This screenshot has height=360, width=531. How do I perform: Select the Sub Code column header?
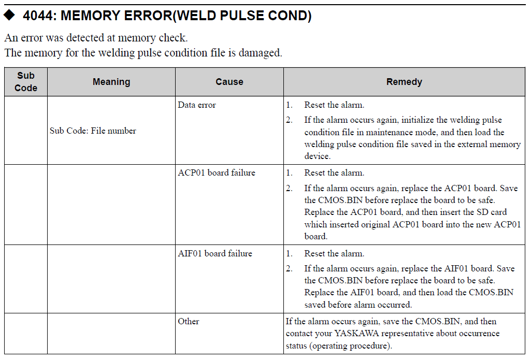point(25,82)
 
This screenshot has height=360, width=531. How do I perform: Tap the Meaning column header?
point(111,82)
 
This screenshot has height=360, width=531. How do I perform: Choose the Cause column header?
point(229,82)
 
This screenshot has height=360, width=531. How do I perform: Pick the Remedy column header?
point(404,82)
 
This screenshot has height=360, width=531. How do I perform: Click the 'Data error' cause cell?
point(197,105)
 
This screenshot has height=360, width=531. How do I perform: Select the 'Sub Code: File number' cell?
point(93,131)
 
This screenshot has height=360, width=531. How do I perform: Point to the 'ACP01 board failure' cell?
point(217,172)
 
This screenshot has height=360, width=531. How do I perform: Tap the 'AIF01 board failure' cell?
point(215,253)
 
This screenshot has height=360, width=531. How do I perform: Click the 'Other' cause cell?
point(189,321)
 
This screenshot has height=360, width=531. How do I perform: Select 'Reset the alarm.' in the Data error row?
point(334,105)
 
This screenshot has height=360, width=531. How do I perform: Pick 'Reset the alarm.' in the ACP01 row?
point(334,172)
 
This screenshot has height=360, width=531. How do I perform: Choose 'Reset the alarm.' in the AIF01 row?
point(334,253)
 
